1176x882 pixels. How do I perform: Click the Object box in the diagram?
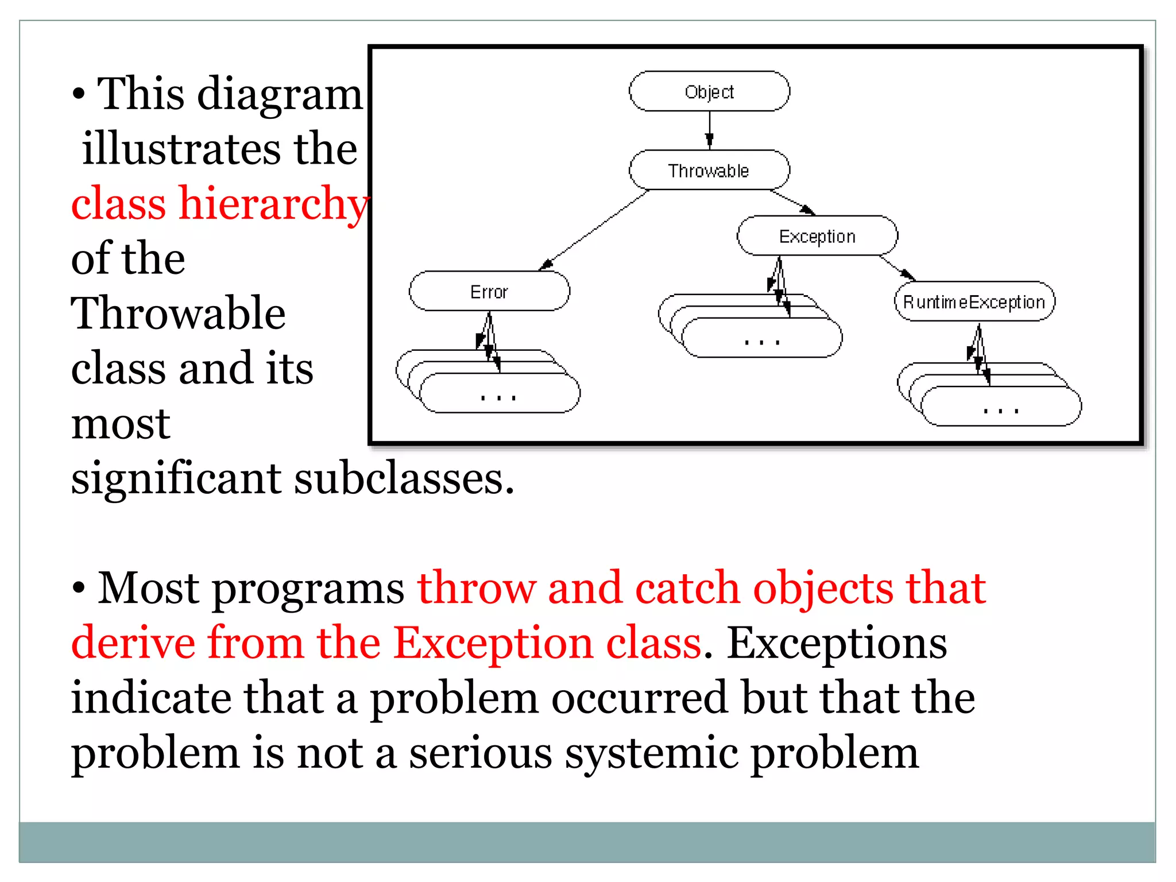tap(709, 91)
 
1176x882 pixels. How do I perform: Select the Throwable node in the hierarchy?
tap(709, 170)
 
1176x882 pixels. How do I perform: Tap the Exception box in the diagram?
tap(817, 236)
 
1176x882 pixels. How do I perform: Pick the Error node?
tap(489, 291)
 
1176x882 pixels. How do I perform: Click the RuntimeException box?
tap(974, 301)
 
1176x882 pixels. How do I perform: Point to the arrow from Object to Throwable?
tap(710, 129)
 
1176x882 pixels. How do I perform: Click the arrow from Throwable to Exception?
tap(792, 202)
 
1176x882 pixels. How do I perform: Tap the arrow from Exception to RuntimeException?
tap(897, 268)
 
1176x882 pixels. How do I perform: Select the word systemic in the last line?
tap(651, 753)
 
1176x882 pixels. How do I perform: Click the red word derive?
tap(133, 643)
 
